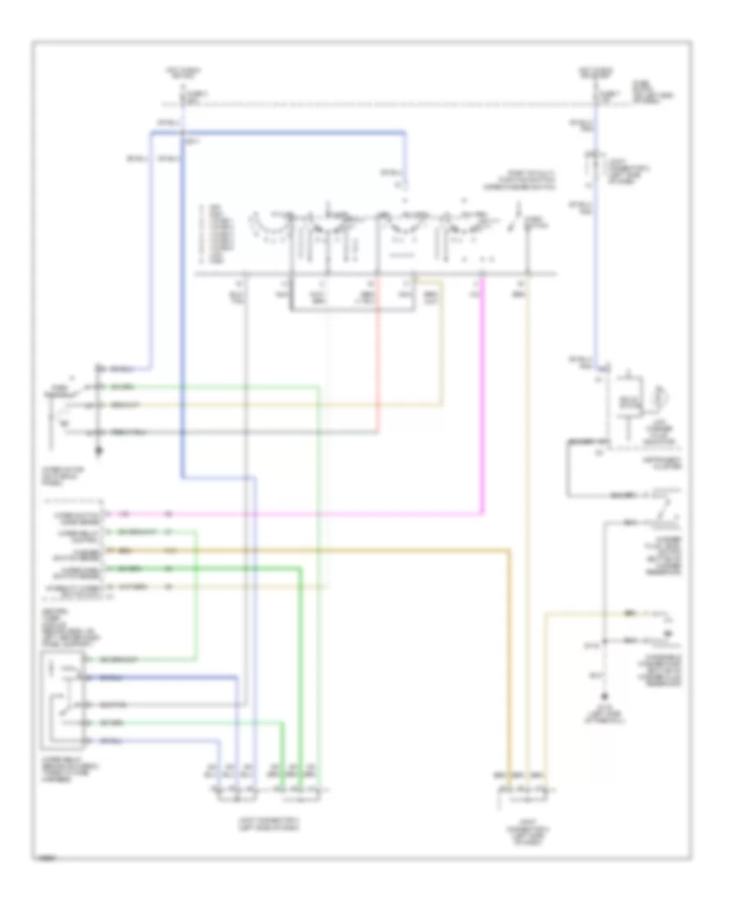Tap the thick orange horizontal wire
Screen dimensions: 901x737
pos(328,550)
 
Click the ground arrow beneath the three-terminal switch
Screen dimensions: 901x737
pos(99,449)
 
